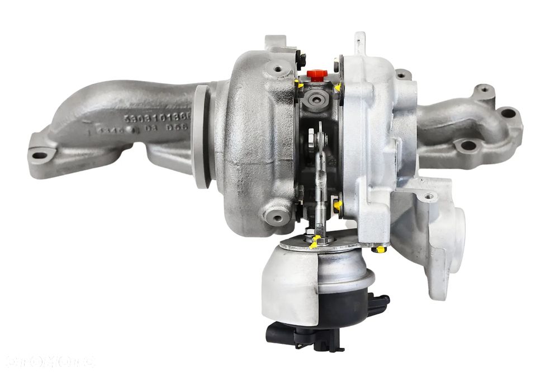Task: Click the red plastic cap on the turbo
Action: coord(317,75)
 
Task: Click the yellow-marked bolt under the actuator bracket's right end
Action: coord(381,248)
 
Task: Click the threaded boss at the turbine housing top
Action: coord(278,70)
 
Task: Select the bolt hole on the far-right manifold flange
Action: coord(508,113)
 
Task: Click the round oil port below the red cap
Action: coord(319,99)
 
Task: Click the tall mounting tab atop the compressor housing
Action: coord(359,43)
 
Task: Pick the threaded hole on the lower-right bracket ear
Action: coord(428,196)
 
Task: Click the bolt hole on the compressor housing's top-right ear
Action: coord(401,74)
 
